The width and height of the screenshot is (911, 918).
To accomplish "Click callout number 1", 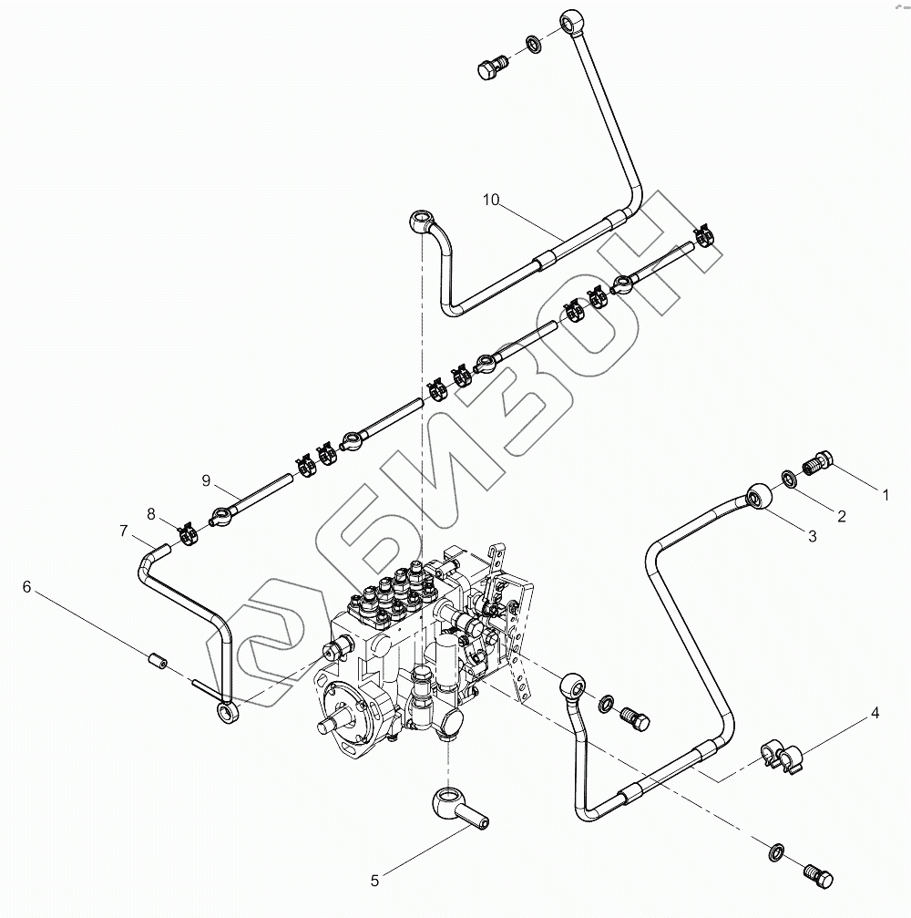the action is (x=884, y=495).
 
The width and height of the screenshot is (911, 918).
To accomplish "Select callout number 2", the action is (x=841, y=516).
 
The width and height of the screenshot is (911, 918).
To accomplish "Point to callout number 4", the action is (x=875, y=713).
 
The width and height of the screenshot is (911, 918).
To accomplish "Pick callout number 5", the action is (x=374, y=881).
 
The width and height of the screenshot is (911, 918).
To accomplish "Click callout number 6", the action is (x=28, y=588).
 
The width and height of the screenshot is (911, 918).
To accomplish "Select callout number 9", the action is (x=206, y=480).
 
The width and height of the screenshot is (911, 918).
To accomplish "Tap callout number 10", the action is (x=491, y=201).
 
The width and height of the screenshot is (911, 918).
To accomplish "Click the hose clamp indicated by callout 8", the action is (x=188, y=532).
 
